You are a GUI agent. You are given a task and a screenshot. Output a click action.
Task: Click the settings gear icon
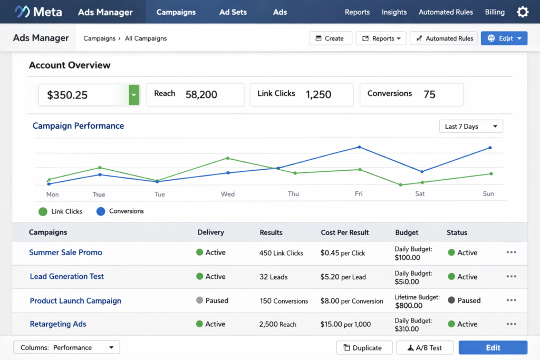(x=522, y=12)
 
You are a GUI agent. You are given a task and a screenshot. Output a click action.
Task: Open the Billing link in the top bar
(x=495, y=12)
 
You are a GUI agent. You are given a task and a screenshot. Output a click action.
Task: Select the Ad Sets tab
(x=233, y=12)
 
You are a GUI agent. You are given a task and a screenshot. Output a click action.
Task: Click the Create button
(x=331, y=38)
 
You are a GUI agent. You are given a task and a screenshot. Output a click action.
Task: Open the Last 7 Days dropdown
(x=471, y=127)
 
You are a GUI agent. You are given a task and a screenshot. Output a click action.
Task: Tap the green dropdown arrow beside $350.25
(x=134, y=95)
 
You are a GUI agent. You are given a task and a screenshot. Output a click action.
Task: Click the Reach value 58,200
(x=201, y=95)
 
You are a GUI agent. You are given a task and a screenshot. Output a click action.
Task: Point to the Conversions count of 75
(x=429, y=95)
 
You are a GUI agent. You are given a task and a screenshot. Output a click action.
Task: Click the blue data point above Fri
(x=359, y=147)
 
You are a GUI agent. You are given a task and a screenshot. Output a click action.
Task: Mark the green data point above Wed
(x=228, y=158)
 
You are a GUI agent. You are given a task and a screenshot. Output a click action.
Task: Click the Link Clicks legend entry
(x=61, y=211)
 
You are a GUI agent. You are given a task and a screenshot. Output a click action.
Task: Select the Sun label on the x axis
(x=488, y=194)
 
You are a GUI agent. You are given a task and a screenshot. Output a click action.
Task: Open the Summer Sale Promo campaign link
(x=65, y=252)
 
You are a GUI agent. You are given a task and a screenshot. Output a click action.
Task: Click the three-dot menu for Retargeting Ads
(x=511, y=324)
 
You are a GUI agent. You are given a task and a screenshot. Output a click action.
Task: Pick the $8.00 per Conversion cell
(x=352, y=301)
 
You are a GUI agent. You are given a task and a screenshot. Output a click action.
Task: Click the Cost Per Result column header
(x=345, y=232)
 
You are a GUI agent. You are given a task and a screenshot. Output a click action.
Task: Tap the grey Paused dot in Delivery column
(x=199, y=300)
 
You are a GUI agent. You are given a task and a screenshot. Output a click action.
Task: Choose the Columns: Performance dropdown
(x=66, y=347)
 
